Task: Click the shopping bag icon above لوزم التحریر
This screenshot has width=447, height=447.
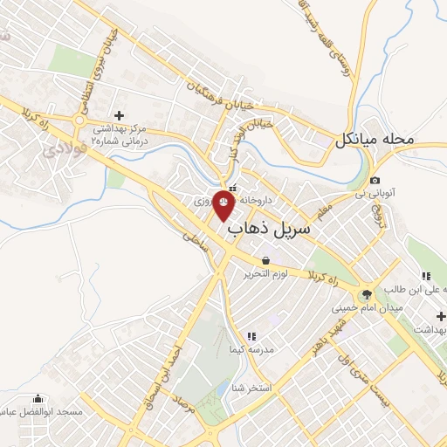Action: [265, 260]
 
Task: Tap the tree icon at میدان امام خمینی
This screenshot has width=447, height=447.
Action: [367, 293]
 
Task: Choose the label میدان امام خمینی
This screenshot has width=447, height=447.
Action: [366, 308]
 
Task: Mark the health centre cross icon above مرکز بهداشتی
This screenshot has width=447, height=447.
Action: [119, 114]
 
